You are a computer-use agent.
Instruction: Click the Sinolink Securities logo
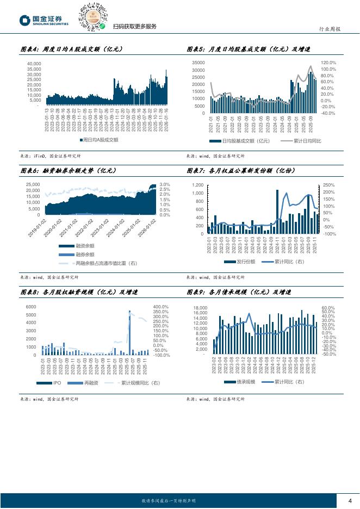[44, 21]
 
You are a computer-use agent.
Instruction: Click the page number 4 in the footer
[350, 501]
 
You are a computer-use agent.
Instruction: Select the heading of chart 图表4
[71, 49]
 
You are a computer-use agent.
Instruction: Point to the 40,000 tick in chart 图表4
[34, 64]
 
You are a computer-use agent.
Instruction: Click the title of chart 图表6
[68, 171]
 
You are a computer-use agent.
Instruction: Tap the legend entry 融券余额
[84, 254]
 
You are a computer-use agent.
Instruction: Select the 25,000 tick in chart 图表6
[32, 185]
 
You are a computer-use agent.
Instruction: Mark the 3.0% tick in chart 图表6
[165, 185]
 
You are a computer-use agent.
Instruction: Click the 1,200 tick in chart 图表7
[197, 185]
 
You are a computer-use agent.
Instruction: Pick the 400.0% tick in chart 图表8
[160, 307]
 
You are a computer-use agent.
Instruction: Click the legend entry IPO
[56, 383]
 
